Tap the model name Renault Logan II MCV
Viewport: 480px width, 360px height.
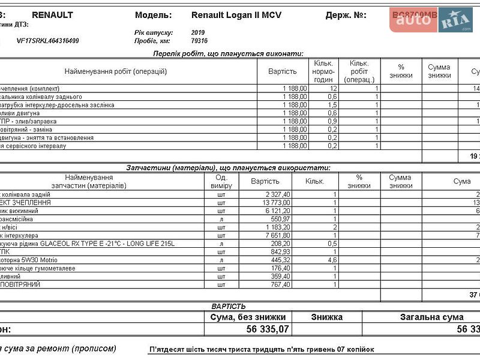coord(236,14)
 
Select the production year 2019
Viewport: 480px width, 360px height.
coord(198,32)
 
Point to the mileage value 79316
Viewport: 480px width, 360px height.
coord(199,41)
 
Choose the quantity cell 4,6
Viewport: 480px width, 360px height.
coord(331,260)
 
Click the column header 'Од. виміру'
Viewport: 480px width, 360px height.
coord(221,182)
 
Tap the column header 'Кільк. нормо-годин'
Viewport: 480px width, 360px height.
coord(323,71)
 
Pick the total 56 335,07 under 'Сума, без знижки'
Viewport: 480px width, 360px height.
coord(268,329)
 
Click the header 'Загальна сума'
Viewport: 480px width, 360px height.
coord(432,317)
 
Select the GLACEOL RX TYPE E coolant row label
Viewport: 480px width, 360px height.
coord(90,244)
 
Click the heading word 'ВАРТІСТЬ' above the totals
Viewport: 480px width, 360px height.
coord(229,306)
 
